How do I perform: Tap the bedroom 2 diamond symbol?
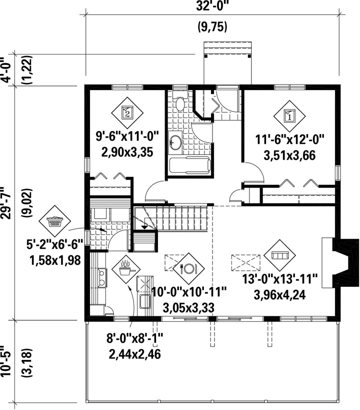click(127, 113)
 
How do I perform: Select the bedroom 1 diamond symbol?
click(289, 116)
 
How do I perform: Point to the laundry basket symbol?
click(54, 221)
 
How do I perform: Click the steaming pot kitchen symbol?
click(125, 270)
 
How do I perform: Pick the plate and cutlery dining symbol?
click(188, 267)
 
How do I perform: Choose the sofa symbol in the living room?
click(279, 255)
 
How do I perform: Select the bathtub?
click(190, 165)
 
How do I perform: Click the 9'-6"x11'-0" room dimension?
click(127, 137)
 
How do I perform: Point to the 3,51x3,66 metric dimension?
click(289, 155)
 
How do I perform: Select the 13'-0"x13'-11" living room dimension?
click(280, 279)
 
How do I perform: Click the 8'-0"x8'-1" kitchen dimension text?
click(135, 339)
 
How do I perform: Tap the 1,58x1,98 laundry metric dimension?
click(55, 260)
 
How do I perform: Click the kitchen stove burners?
click(102, 278)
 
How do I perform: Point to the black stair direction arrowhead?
click(144, 227)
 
